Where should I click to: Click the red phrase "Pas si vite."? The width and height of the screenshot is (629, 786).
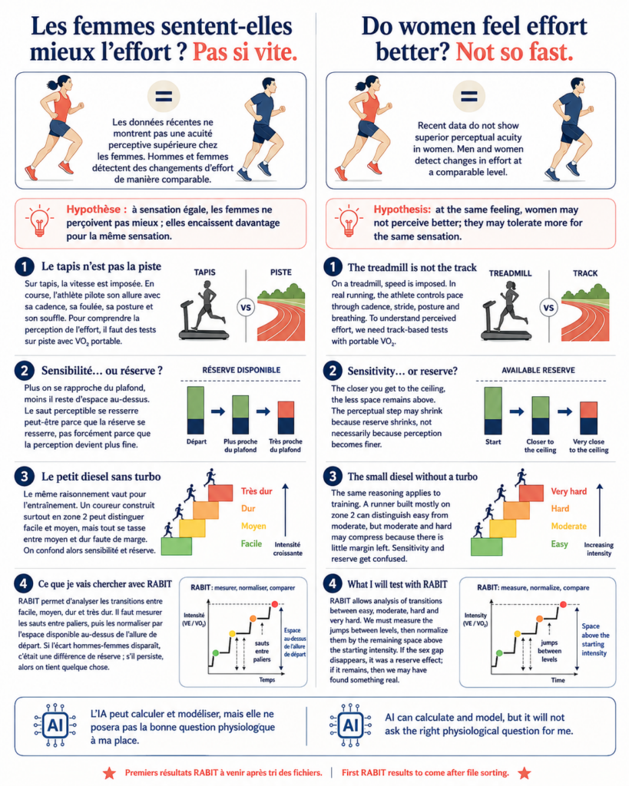click(245, 52)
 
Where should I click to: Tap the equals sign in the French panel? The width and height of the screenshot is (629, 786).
click(164, 96)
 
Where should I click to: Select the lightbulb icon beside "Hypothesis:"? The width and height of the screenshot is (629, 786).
click(349, 220)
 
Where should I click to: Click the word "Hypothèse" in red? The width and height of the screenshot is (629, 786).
click(94, 210)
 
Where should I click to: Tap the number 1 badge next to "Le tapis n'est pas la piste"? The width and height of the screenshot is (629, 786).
click(24, 266)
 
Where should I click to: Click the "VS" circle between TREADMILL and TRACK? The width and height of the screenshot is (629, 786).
click(549, 307)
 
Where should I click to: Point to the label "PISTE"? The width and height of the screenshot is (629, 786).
click(281, 272)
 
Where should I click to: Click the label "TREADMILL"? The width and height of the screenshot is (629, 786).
click(510, 273)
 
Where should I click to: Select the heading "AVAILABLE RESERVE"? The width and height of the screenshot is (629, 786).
click(538, 370)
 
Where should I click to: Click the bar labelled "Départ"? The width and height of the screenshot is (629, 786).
click(196, 410)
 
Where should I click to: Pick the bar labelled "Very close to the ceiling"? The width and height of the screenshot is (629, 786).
click(589, 418)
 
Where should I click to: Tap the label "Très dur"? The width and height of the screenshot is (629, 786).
click(257, 491)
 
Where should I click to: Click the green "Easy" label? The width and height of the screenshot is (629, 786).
click(559, 544)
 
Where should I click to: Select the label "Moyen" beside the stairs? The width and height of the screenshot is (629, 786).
click(253, 526)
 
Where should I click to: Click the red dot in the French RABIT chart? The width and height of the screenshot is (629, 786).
click(274, 604)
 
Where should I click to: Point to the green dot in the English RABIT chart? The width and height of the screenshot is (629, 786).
click(499, 653)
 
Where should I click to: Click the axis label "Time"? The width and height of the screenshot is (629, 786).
click(558, 680)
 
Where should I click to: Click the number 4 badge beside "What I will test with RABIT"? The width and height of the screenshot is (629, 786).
click(332, 584)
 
